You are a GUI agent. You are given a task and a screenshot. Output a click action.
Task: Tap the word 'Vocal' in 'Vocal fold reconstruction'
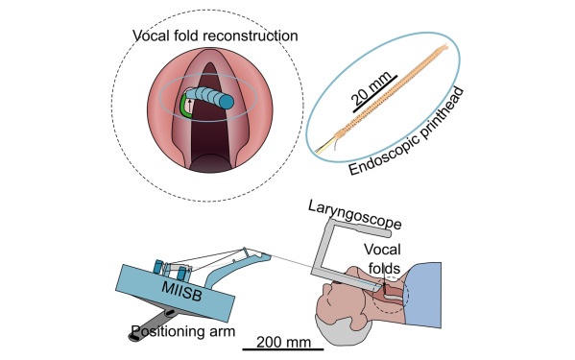click(x=155, y=36)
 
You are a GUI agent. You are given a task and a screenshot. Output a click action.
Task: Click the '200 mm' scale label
click(x=277, y=339)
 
